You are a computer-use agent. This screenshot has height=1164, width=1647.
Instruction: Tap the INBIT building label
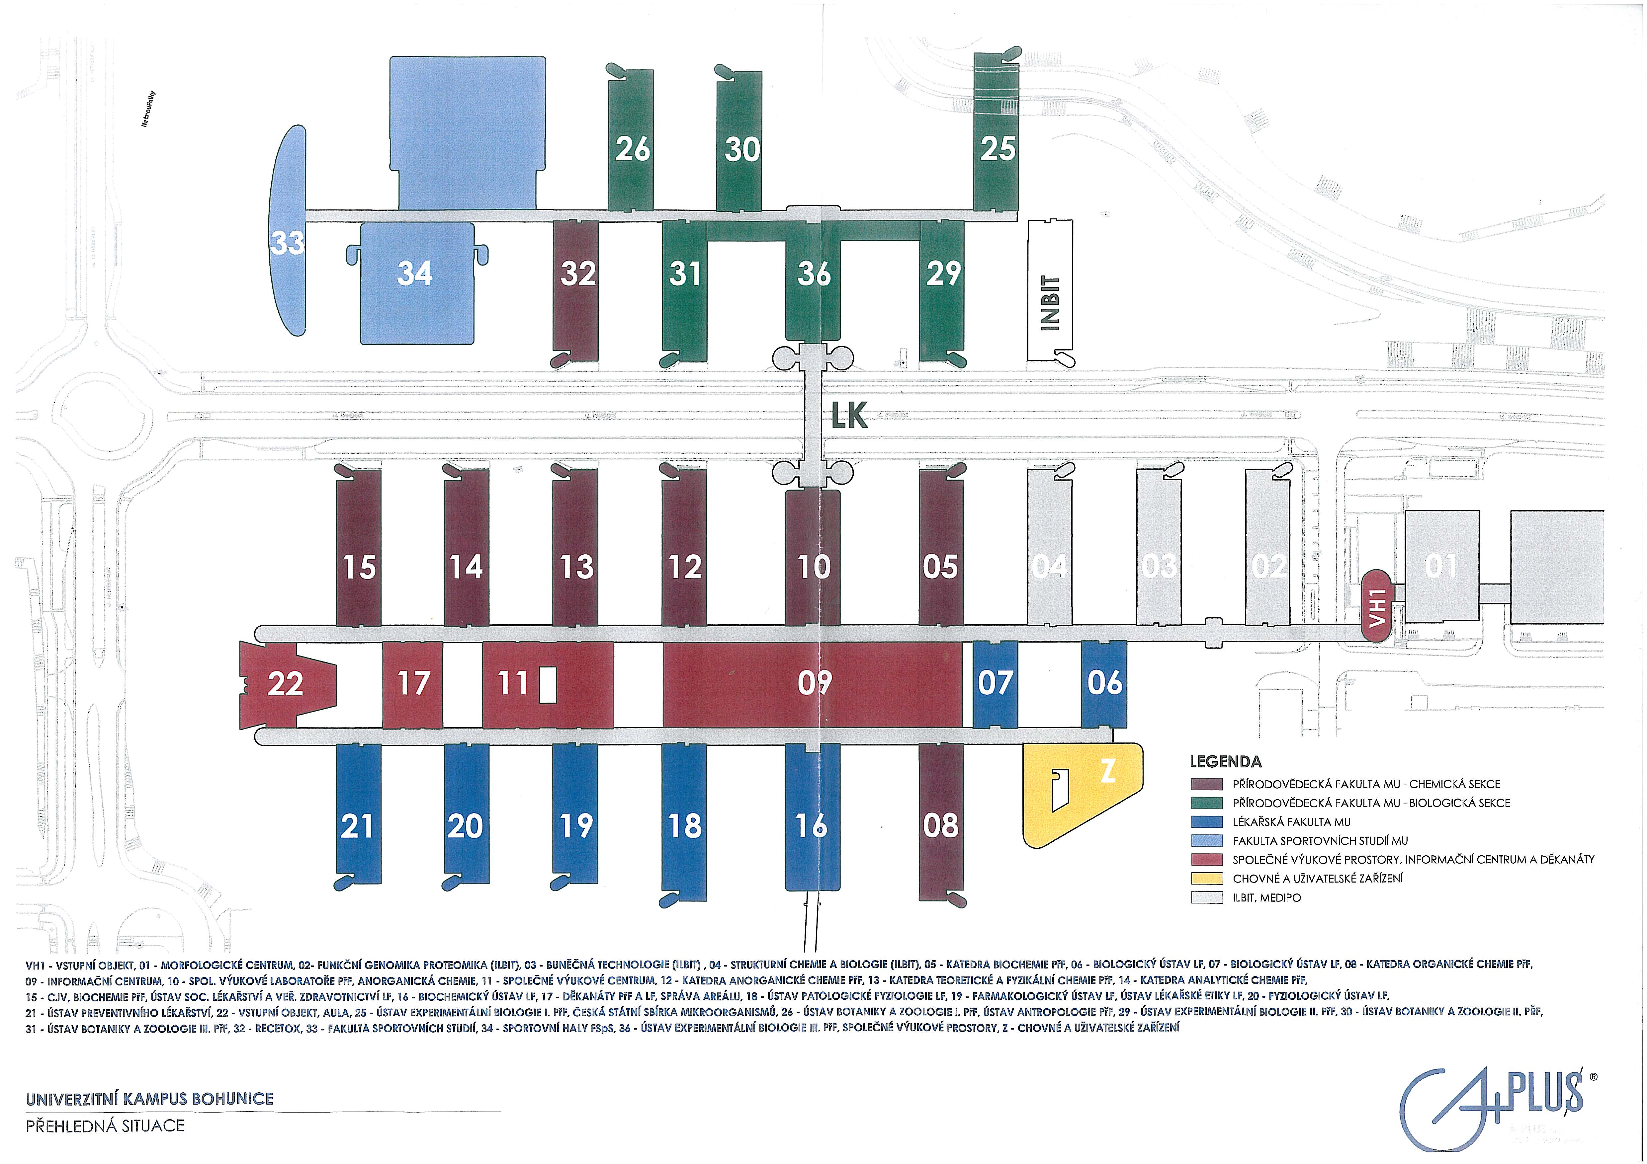[x=1049, y=303]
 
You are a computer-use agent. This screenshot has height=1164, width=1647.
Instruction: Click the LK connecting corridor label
[x=849, y=416]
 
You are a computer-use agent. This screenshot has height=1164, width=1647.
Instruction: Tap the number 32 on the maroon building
[x=577, y=273]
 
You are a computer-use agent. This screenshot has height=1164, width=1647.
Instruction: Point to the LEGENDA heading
[x=1225, y=762]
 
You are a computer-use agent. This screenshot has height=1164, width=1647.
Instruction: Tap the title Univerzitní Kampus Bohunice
[x=149, y=1099]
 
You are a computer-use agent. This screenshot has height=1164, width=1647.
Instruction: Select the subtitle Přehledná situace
[x=105, y=1126]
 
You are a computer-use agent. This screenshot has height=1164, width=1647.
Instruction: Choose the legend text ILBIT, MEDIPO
[x=1266, y=897]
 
